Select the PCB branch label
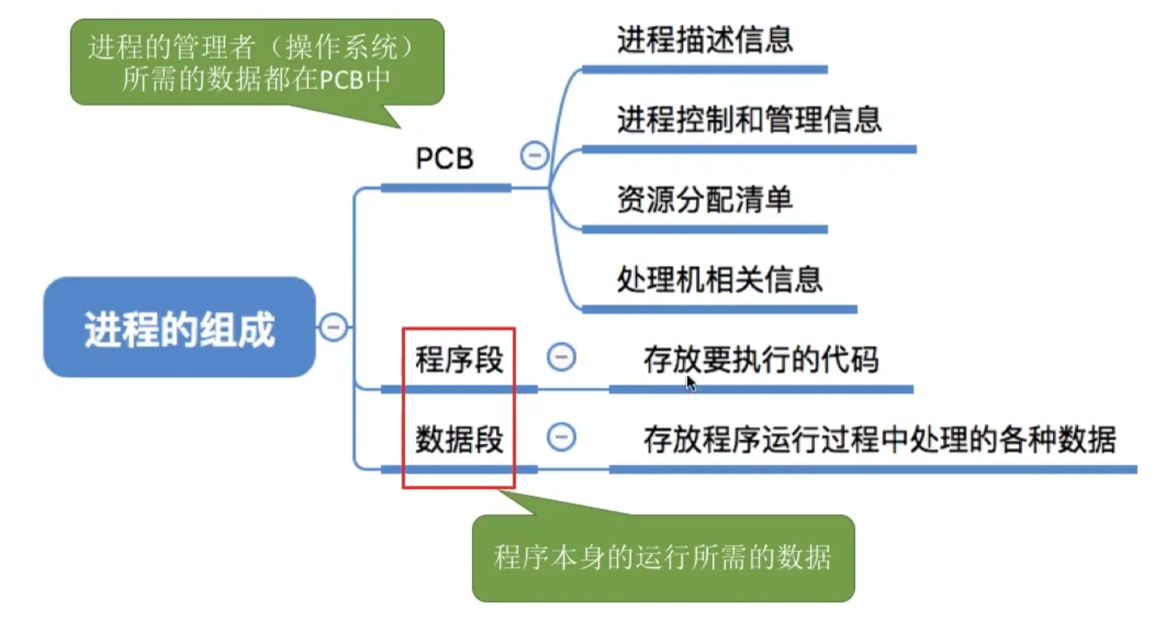(445, 159)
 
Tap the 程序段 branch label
(459, 361)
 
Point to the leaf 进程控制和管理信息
(749, 120)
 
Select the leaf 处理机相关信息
(719, 280)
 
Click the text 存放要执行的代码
(761, 360)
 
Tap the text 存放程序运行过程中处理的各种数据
(880, 440)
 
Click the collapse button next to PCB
(534, 156)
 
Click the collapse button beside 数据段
(561, 437)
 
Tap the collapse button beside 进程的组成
(334, 327)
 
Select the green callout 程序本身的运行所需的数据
(662, 557)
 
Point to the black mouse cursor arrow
(690, 382)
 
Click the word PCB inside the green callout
(342, 80)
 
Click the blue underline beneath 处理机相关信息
(719, 309)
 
